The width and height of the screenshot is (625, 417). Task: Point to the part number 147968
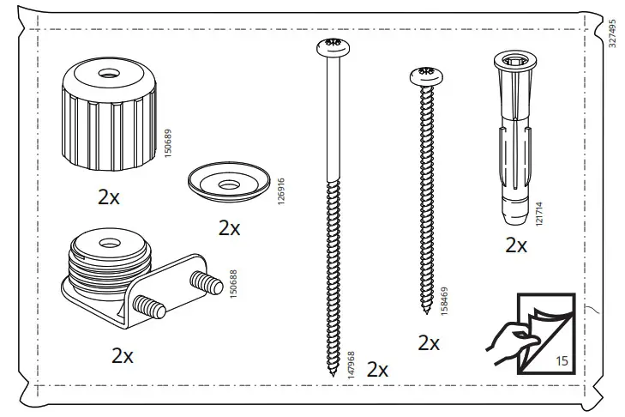[x=349, y=365]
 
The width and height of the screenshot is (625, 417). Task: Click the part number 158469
[x=443, y=301]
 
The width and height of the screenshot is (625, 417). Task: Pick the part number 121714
[x=538, y=215]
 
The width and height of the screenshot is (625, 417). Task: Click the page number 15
[x=562, y=361]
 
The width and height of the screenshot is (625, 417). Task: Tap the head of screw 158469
[x=425, y=78]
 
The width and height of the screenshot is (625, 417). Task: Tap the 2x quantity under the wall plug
[x=515, y=245]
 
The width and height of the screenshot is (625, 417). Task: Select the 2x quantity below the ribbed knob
[x=109, y=196]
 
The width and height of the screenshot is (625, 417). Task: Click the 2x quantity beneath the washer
[x=229, y=228]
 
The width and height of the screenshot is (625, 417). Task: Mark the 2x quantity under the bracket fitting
[x=123, y=355]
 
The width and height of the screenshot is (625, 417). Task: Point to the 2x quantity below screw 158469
[x=429, y=343]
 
